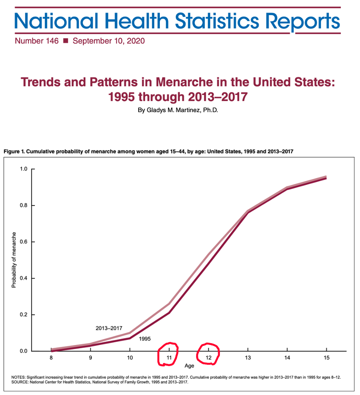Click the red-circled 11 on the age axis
pos(169,357)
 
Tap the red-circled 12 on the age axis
pos(208,357)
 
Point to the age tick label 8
pos(51,357)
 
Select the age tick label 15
pos(326,357)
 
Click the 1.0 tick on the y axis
pos(23,169)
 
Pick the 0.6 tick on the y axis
pos(23,242)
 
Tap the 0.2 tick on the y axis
pos(23,315)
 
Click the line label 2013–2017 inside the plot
pos(109,328)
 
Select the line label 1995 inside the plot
pos(145,339)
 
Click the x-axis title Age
pos(189,366)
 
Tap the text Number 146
pos(37,41)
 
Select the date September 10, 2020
pos(108,41)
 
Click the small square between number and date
pos(65,41)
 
